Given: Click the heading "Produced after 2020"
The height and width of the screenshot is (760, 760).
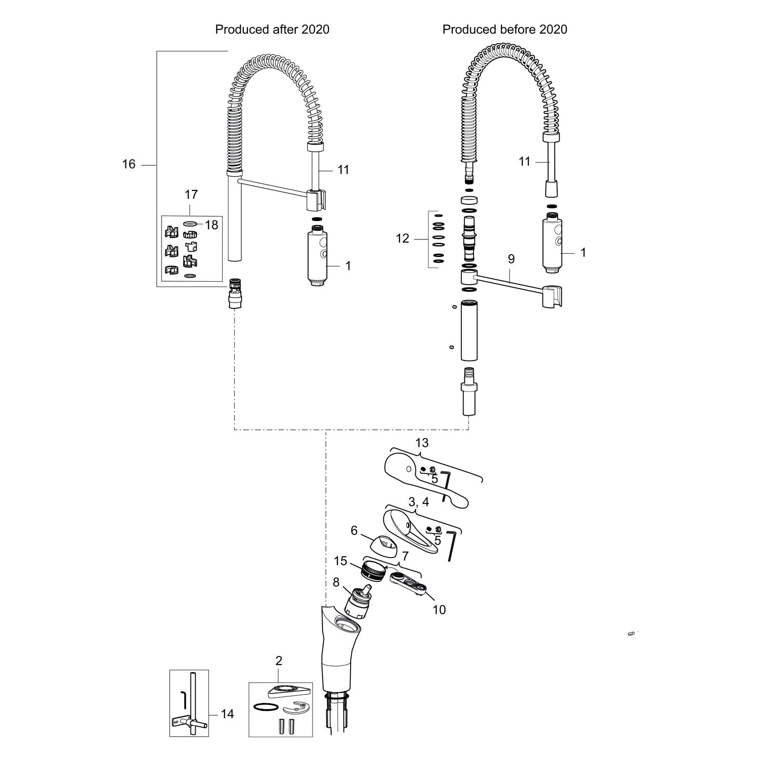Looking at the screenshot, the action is click(272, 29).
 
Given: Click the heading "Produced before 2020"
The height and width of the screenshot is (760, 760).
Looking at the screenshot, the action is click(505, 29).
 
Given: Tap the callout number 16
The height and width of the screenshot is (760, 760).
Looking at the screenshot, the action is click(129, 164).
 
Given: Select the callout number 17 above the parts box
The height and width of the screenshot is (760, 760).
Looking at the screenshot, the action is click(191, 194).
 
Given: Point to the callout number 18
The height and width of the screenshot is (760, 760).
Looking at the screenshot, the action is click(211, 225).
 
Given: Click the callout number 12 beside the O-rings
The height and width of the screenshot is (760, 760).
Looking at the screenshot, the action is click(402, 238).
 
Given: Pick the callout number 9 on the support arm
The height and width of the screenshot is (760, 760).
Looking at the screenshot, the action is click(511, 259).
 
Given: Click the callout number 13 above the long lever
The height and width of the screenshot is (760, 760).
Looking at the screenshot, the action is click(422, 443).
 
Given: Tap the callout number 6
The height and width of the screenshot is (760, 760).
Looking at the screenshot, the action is click(354, 530).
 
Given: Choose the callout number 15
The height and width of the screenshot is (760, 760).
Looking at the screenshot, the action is click(341, 561).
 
